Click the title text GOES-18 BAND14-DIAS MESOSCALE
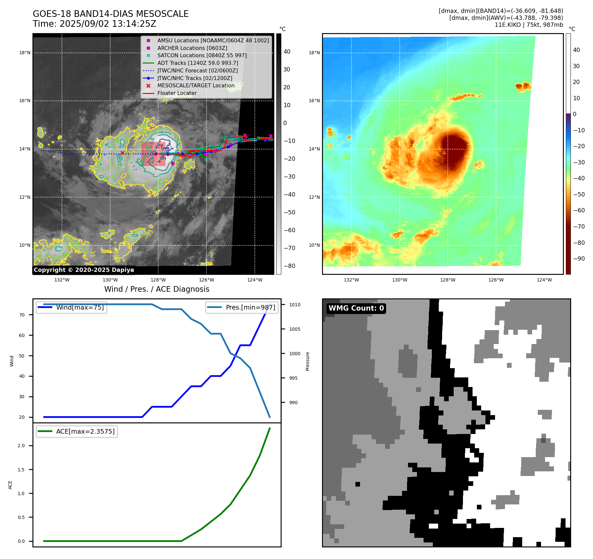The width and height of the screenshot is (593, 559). (x=111, y=14)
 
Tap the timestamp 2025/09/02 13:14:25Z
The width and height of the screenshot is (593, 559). (x=108, y=24)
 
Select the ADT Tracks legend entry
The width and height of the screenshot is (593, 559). (x=198, y=63)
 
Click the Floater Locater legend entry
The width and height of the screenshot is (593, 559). (x=177, y=93)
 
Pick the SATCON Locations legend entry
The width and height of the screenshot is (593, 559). (x=202, y=56)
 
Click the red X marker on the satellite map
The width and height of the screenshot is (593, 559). (x=122, y=153)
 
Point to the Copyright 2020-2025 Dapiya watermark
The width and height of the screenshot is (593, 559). (x=84, y=270)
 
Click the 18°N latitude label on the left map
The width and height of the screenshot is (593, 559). (x=25, y=53)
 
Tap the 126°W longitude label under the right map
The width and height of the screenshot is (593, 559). (x=496, y=280)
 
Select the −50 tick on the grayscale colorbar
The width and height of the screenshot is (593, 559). (x=289, y=212)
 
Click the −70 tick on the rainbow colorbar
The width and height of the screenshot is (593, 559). (x=579, y=227)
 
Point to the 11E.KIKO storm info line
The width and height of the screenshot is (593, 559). (x=528, y=25)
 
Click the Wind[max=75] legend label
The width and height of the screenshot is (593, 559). (x=80, y=307)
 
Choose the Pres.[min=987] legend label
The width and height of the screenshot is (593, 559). (x=250, y=307)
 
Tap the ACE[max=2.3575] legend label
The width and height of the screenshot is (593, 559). (x=85, y=431)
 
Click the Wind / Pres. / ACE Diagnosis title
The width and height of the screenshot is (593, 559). (x=157, y=289)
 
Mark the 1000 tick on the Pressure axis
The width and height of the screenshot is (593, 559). (x=295, y=354)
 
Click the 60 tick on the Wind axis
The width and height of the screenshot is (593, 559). (x=22, y=335)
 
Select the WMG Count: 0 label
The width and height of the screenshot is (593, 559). (x=356, y=308)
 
